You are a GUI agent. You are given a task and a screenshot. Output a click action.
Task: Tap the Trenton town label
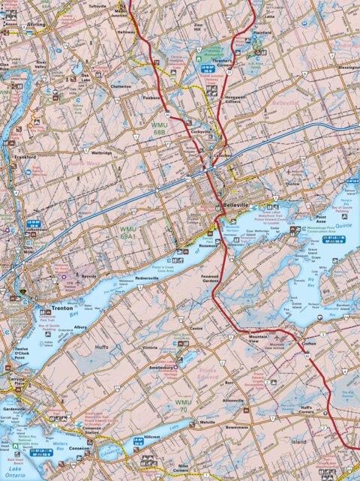[60, 308]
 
